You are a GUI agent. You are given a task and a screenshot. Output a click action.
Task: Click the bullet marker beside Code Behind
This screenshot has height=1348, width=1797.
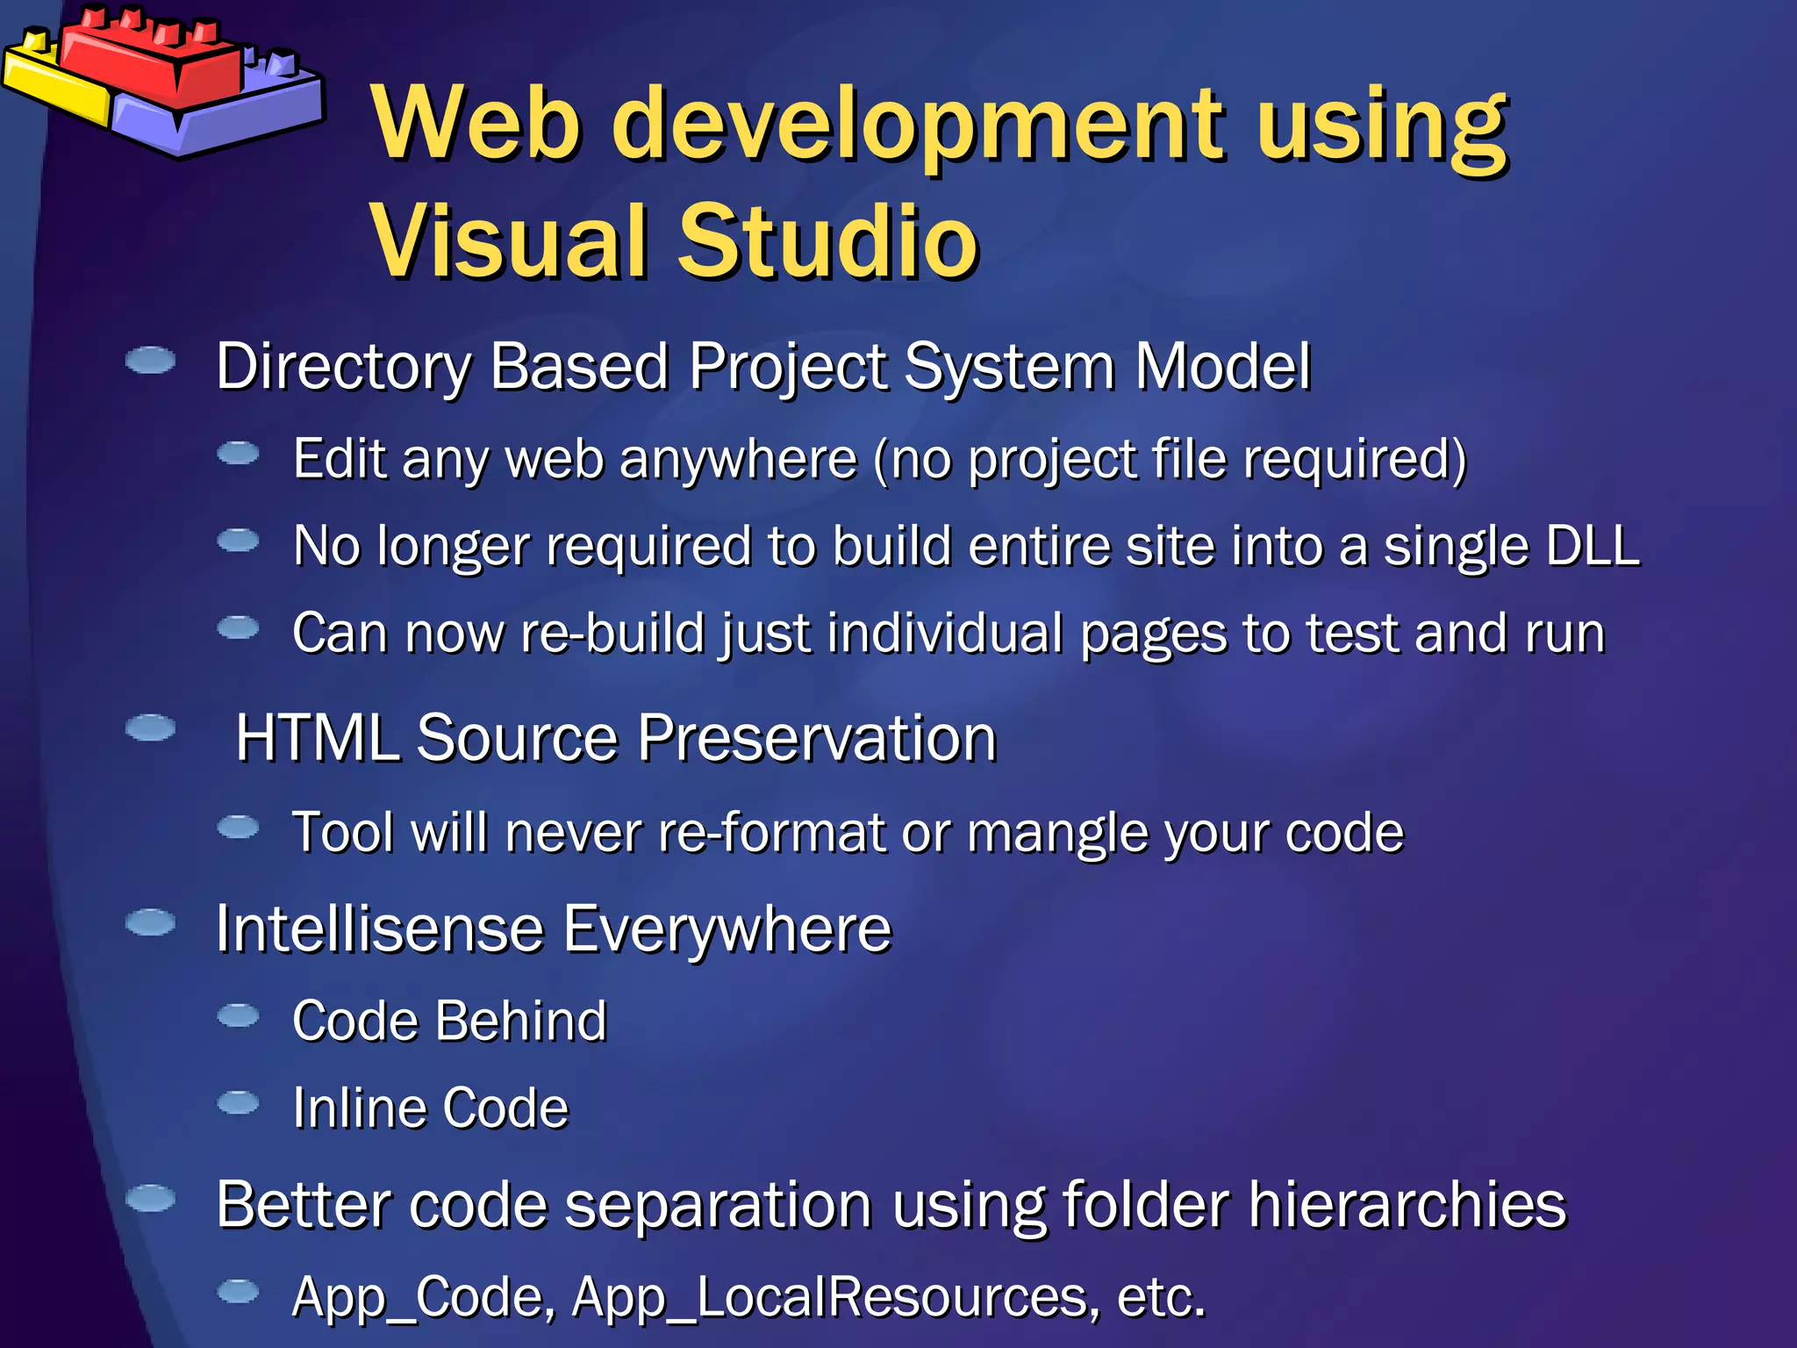(238, 1015)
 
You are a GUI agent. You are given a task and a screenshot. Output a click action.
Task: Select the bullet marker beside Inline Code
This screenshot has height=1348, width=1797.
(238, 1102)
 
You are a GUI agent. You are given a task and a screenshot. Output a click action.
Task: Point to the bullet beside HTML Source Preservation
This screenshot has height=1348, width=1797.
(151, 728)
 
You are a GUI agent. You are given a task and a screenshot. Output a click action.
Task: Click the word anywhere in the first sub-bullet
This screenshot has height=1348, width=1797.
(738, 459)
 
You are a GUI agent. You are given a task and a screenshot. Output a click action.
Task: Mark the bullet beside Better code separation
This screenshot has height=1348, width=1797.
(151, 1198)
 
